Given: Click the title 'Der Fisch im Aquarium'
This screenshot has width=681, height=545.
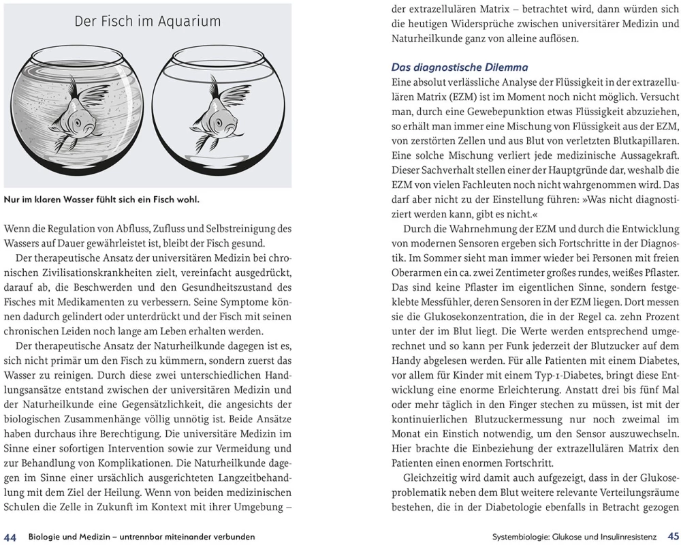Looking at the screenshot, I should click(x=147, y=21).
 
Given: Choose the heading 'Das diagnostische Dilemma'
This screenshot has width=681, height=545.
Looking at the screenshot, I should click(x=460, y=67).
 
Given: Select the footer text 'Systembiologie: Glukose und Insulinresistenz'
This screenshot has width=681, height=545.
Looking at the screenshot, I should click(x=575, y=537).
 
